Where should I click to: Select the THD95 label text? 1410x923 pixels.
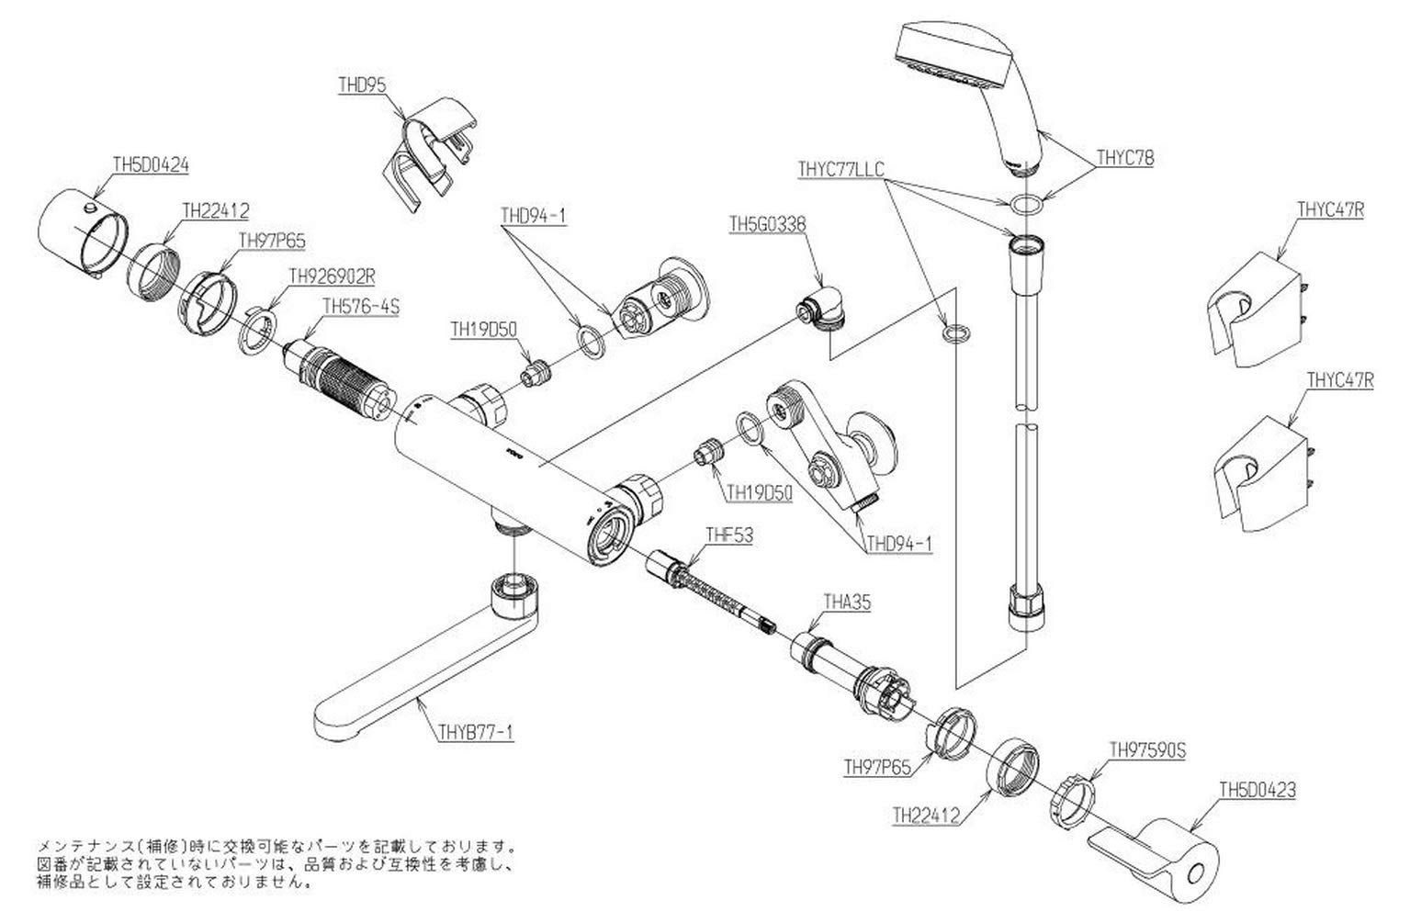[362, 84]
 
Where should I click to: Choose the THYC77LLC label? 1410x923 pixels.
[840, 169]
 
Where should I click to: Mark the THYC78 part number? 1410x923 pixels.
[1124, 158]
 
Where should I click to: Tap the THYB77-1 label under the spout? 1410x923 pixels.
[474, 732]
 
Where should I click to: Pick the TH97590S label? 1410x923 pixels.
[1148, 750]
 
